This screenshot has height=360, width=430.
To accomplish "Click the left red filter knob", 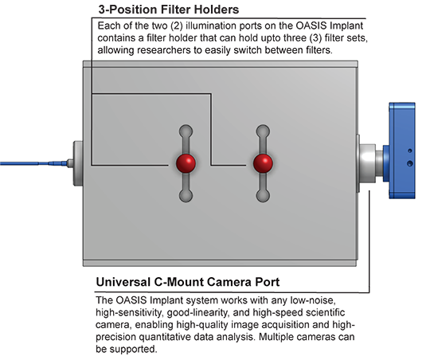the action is [x=186, y=163].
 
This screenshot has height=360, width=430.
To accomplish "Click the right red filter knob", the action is [x=263, y=163].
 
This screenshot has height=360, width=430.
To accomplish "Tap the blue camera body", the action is [x=402, y=151].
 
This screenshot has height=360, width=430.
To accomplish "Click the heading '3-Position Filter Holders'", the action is [x=169, y=10].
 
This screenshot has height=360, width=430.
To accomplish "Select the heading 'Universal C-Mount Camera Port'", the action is [x=188, y=282].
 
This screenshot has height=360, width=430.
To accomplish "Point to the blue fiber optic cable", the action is [x=33, y=163].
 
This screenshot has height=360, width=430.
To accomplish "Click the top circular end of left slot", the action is [x=186, y=131].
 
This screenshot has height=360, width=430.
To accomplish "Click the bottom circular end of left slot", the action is [x=186, y=196].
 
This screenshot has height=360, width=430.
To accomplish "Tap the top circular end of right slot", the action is [x=263, y=131].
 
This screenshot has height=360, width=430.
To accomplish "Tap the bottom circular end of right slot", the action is [x=263, y=196].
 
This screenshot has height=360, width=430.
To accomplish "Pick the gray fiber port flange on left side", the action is [x=78, y=163].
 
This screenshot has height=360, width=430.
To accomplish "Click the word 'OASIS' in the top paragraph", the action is [x=311, y=25].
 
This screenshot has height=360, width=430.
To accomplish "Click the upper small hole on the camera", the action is [x=410, y=151].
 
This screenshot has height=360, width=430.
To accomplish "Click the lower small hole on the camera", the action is [x=410, y=163].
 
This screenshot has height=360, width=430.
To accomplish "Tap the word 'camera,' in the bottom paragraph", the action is [x=114, y=325].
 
